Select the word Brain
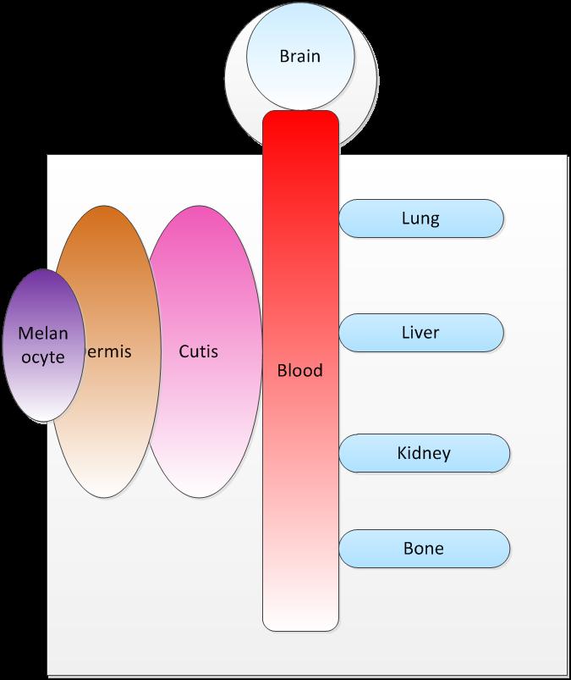pyautogui.click(x=300, y=58)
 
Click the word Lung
pyautogui.click(x=420, y=218)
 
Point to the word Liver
pyautogui.click(x=420, y=333)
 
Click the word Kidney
pyautogui.click(x=424, y=453)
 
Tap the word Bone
pyautogui.click(x=424, y=549)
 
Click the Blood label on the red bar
pyautogui.click(x=300, y=371)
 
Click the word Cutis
pyautogui.click(x=199, y=350)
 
